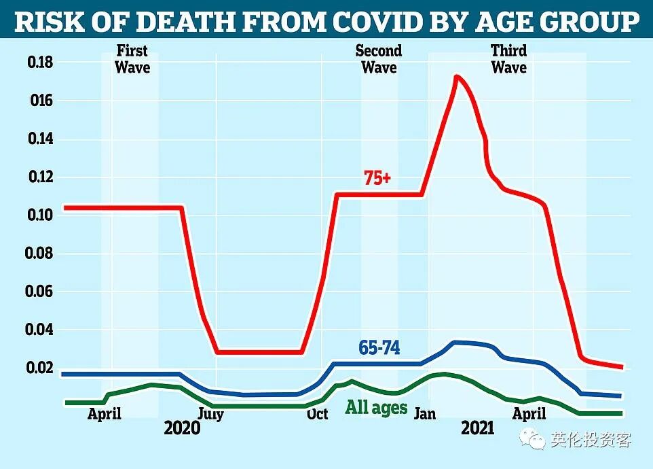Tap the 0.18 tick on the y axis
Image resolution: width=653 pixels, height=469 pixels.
[41, 63]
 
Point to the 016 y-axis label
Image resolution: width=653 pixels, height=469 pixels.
[41, 101]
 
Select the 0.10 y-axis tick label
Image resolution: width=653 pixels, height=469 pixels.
[41, 215]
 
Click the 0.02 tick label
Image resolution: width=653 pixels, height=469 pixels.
[39, 368]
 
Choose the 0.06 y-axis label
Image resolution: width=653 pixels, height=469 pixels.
[39, 292]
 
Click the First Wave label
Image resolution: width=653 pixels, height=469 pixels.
[132, 58]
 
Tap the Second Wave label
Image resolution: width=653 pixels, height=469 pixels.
[379, 58]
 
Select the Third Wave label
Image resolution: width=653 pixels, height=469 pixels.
[509, 58]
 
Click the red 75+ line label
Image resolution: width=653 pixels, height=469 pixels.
[377, 178]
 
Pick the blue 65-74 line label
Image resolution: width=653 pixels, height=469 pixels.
[379, 348]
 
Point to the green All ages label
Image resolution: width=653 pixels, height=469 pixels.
[377, 407]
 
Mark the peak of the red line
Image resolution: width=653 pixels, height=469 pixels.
[456, 76]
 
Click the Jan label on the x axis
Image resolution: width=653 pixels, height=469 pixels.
[425, 413]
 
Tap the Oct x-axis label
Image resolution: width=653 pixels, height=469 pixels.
[318, 414]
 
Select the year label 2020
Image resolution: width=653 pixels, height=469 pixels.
[182, 428]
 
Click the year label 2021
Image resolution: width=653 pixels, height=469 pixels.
[478, 428]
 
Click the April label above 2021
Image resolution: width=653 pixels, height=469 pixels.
[529, 414]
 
